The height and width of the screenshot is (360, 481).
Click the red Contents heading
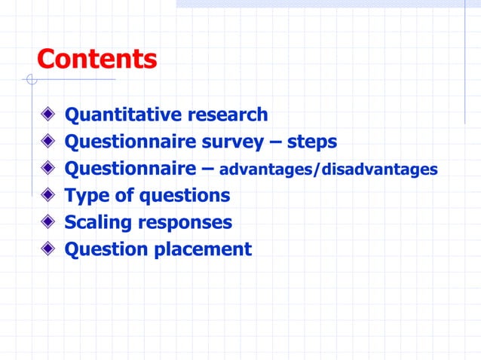97,59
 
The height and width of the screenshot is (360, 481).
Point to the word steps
311,142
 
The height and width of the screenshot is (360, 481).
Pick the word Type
87,196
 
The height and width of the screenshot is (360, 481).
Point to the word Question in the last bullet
106,249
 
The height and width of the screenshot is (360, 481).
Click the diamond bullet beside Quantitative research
49,115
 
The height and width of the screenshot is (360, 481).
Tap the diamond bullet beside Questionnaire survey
49,142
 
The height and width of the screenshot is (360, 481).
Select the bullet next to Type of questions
49,196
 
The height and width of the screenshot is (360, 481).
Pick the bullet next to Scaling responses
49,222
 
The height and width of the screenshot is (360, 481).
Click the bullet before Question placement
49,249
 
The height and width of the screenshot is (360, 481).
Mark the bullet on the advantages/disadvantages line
49,169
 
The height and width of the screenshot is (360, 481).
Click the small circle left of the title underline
29,79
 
